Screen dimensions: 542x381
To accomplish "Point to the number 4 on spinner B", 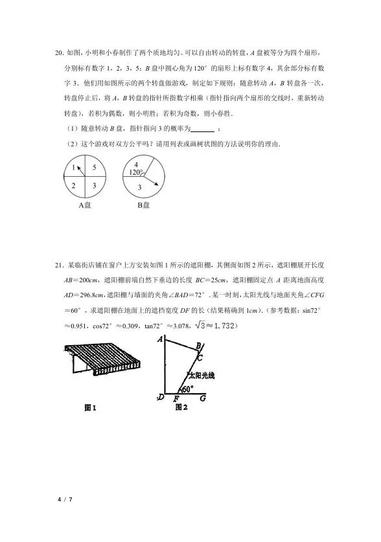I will point(136,164).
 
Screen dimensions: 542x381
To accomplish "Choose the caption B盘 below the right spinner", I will point(143,206).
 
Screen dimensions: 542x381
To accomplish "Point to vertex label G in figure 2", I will point(203,398).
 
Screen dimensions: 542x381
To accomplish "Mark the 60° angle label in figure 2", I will point(188,389).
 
